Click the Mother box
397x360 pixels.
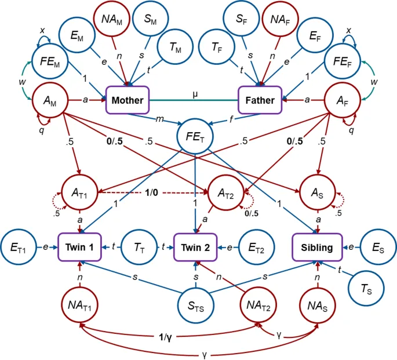click(x=128, y=100)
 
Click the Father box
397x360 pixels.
click(x=260, y=100)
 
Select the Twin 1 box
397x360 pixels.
click(x=80, y=248)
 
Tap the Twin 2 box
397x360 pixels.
click(x=196, y=248)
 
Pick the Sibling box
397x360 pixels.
click(x=317, y=248)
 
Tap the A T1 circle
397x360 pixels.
click(x=80, y=189)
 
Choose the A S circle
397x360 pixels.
click(x=316, y=189)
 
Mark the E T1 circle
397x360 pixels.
click(x=18, y=248)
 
